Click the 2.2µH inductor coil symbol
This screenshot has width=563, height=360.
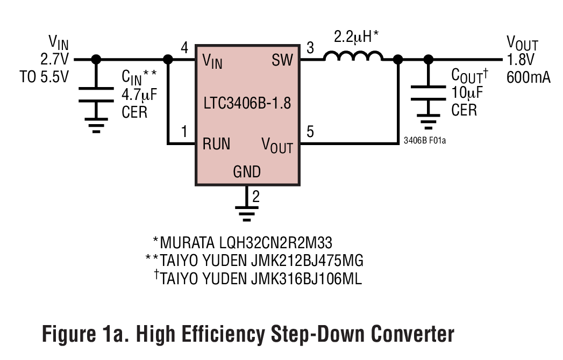pyautogui.click(x=353, y=56)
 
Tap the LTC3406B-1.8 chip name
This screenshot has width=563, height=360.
pyautogui.click(x=247, y=103)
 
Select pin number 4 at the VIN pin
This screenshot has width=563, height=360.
pyautogui.click(x=184, y=48)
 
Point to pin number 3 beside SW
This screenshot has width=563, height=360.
pyautogui.click(x=310, y=48)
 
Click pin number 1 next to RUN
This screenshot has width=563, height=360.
pyautogui.click(x=184, y=132)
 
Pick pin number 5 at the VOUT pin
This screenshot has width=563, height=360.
pyautogui.click(x=310, y=132)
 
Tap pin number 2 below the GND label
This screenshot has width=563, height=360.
pyautogui.click(x=256, y=196)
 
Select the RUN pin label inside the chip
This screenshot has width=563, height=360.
pyautogui.click(x=216, y=144)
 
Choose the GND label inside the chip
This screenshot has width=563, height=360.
pyautogui.click(x=247, y=172)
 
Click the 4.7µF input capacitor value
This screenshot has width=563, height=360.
pyautogui.click(x=139, y=96)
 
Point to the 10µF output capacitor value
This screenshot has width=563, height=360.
pyautogui.click(x=467, y=93)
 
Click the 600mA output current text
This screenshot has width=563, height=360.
pyautogui.click(x=529, y=77)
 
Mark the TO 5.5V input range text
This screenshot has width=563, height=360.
pyautogui.click(x=45, y=77)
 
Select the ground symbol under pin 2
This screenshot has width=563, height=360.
pyautogui.click(x=246, y=213)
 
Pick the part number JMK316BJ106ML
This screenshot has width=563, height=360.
pyautogui.click(x=308, y=278)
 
